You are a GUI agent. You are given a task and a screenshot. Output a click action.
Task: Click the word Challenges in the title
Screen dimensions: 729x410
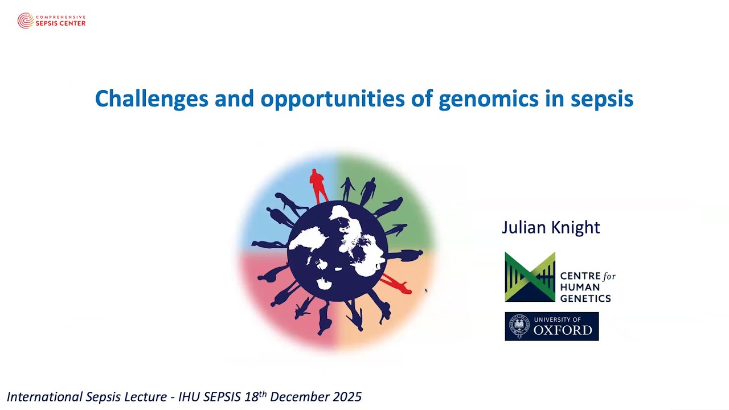151,99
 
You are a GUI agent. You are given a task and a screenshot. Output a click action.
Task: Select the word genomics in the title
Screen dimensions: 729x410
489,100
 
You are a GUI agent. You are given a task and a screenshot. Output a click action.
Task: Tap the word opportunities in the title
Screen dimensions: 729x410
333,100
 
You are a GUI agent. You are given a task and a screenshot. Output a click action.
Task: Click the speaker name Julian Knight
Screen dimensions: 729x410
551,227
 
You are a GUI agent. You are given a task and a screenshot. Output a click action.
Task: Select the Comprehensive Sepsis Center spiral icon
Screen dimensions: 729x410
26,20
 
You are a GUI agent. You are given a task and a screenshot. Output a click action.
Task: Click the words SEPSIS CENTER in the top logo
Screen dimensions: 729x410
60,23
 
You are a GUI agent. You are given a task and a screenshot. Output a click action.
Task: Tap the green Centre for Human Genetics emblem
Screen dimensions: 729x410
530,277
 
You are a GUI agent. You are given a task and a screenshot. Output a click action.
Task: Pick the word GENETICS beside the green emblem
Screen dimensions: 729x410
585,298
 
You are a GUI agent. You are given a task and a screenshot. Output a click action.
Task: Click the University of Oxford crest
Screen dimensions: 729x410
519,326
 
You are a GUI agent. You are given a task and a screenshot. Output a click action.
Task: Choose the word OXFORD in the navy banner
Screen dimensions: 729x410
563,330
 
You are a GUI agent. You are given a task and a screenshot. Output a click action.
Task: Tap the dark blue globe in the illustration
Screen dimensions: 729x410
338,251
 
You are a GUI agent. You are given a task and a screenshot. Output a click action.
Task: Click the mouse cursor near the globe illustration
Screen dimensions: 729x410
426,290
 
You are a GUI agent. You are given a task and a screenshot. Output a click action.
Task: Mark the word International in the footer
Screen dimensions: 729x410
45,397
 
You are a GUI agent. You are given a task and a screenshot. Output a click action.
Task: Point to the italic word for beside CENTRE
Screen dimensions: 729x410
609,277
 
